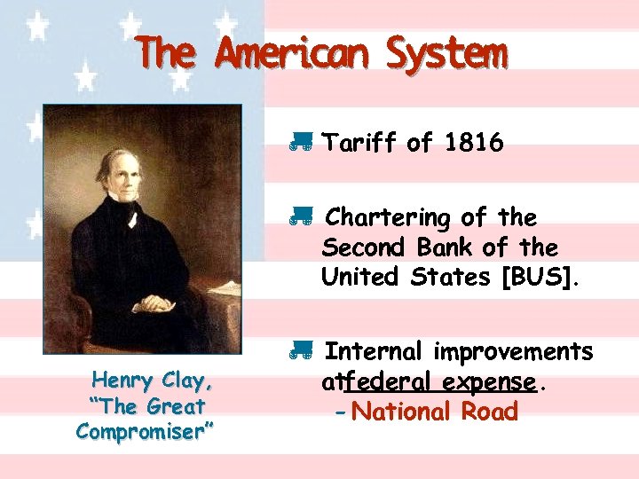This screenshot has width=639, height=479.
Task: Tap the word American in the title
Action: pyautogui.click(x=291, y=54)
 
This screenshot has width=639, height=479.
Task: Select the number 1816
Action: pyautogui.click(x=469, y=143)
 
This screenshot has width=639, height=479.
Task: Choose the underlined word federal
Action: pyautogui.click(x=388, y=382)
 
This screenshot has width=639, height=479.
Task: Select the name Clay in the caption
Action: pyautogui.click(x=186, y=381)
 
